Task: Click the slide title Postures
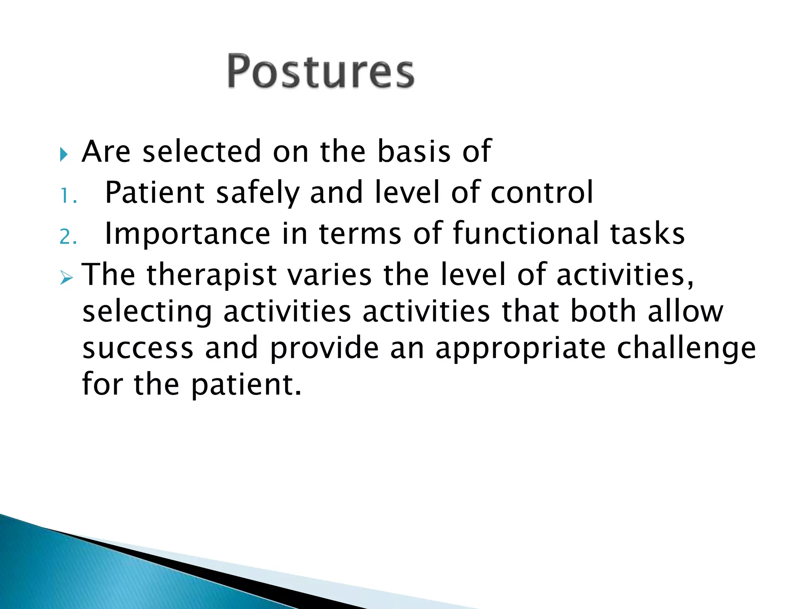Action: pyautogui.click(x=320, y=71)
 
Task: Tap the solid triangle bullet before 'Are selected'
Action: pyautogui.click(x=64, y=154)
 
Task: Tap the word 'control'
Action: pyautogui.click(x=542, y=192)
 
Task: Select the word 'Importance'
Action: pyautogui.click(x=187, y=234)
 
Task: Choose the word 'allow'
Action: pyautogui.click(x=686, y=312)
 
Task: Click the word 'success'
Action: pyautogui.click(x=138, y=349)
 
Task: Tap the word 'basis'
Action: pyautogui.click(x=414, y=151)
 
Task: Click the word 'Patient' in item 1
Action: pyautogui.click(x=155, y=192)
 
